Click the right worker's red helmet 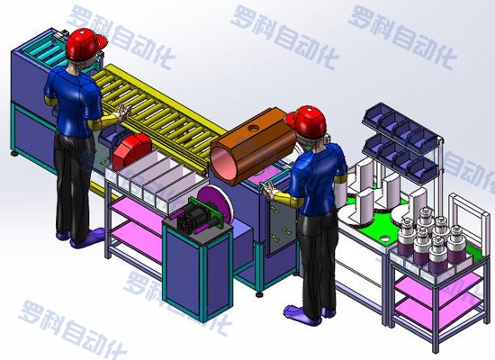point(308,121)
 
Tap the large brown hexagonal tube point(253,147)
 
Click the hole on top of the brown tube point(253,128)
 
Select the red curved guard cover point(131,150)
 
